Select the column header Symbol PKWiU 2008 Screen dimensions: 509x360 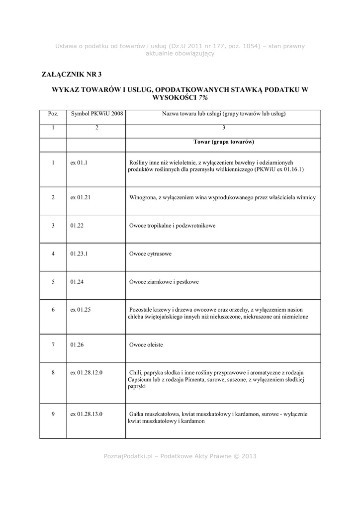pos(96,113)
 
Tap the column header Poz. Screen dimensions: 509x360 pos(53,113)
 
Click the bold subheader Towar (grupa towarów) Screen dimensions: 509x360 pos(224,142)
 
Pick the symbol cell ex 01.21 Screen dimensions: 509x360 pos(80,197)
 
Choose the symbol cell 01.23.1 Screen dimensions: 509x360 pos(80,254)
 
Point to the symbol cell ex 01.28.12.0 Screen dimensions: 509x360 pos(87,372)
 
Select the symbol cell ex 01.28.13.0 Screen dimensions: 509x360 pos(87,414)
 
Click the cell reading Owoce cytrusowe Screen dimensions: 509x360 pos(150,254)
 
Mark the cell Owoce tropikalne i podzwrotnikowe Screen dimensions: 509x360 pos(172,226)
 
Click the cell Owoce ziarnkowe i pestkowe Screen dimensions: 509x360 pos(164,282)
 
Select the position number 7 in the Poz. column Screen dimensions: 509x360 pos(53,344)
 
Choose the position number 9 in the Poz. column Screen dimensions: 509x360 pos(53,414)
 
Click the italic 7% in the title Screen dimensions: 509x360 pos(203,98)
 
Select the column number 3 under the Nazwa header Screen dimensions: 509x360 pos(224,128)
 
